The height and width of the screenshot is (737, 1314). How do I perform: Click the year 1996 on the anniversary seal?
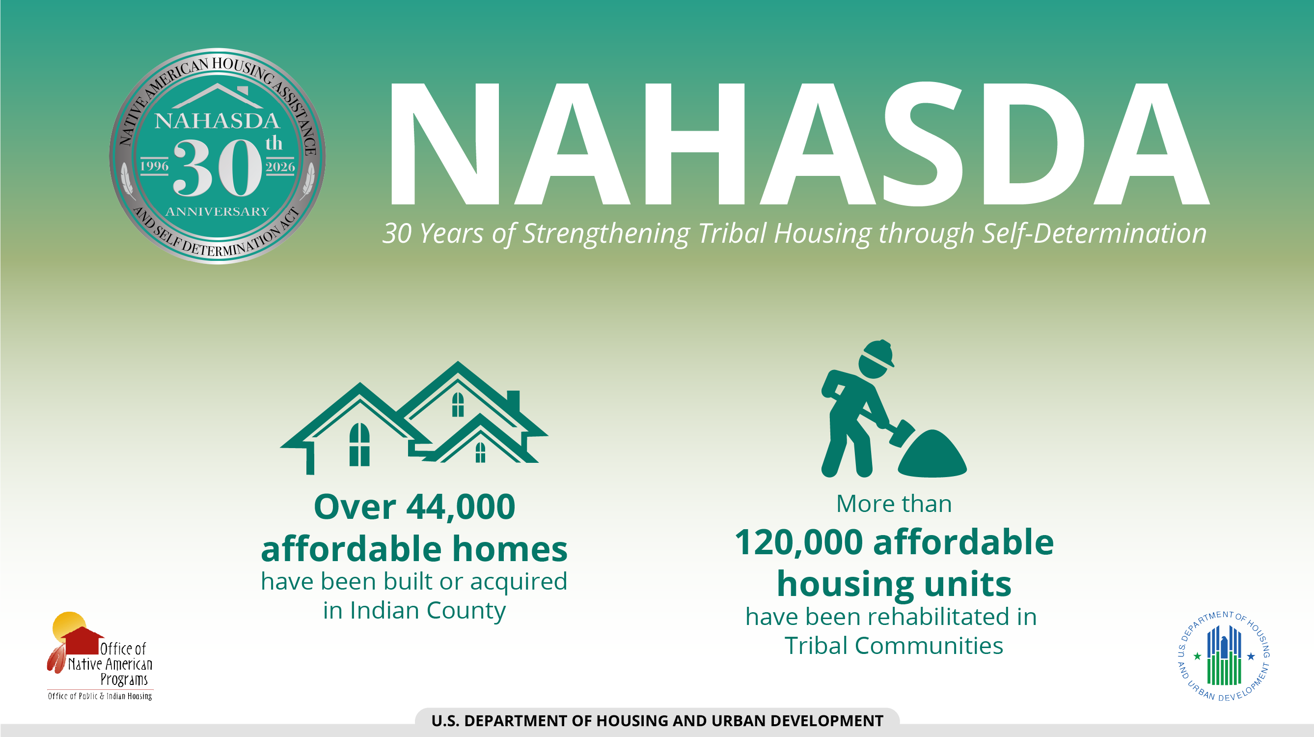154,166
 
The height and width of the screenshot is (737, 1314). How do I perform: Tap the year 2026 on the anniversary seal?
280,167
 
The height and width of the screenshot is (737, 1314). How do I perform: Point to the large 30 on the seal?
218,168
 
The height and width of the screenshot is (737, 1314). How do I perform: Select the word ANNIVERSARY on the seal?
218,211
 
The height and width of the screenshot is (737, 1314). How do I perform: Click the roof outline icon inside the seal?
218,95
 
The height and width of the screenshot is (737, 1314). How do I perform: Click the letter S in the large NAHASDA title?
923,144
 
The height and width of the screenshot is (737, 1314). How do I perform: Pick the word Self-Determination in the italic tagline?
1095,234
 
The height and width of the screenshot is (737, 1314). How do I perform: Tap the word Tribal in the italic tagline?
732,233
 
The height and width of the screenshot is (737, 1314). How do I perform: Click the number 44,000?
461,508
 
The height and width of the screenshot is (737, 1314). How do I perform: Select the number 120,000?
798,542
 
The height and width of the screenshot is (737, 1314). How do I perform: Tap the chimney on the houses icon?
513,402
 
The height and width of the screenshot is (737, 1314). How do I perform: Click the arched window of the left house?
359,444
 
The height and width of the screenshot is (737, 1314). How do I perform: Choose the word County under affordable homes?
465,611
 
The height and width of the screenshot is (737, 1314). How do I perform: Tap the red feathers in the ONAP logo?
56,659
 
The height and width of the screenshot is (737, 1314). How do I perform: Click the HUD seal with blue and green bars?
1224,656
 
